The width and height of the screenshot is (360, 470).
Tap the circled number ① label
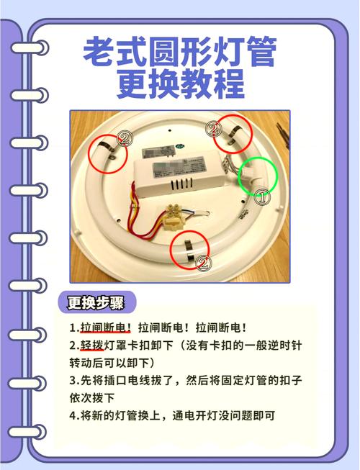(x=263, y=196)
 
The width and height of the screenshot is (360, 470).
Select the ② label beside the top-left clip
(x=124, y=139)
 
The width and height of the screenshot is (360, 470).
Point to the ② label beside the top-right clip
(x=213, y=130)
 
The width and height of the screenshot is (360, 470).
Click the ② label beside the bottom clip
(x=204, y=263)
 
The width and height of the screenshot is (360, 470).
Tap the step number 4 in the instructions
(x=73, y=415)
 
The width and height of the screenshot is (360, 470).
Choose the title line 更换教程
(x=180, y=84)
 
